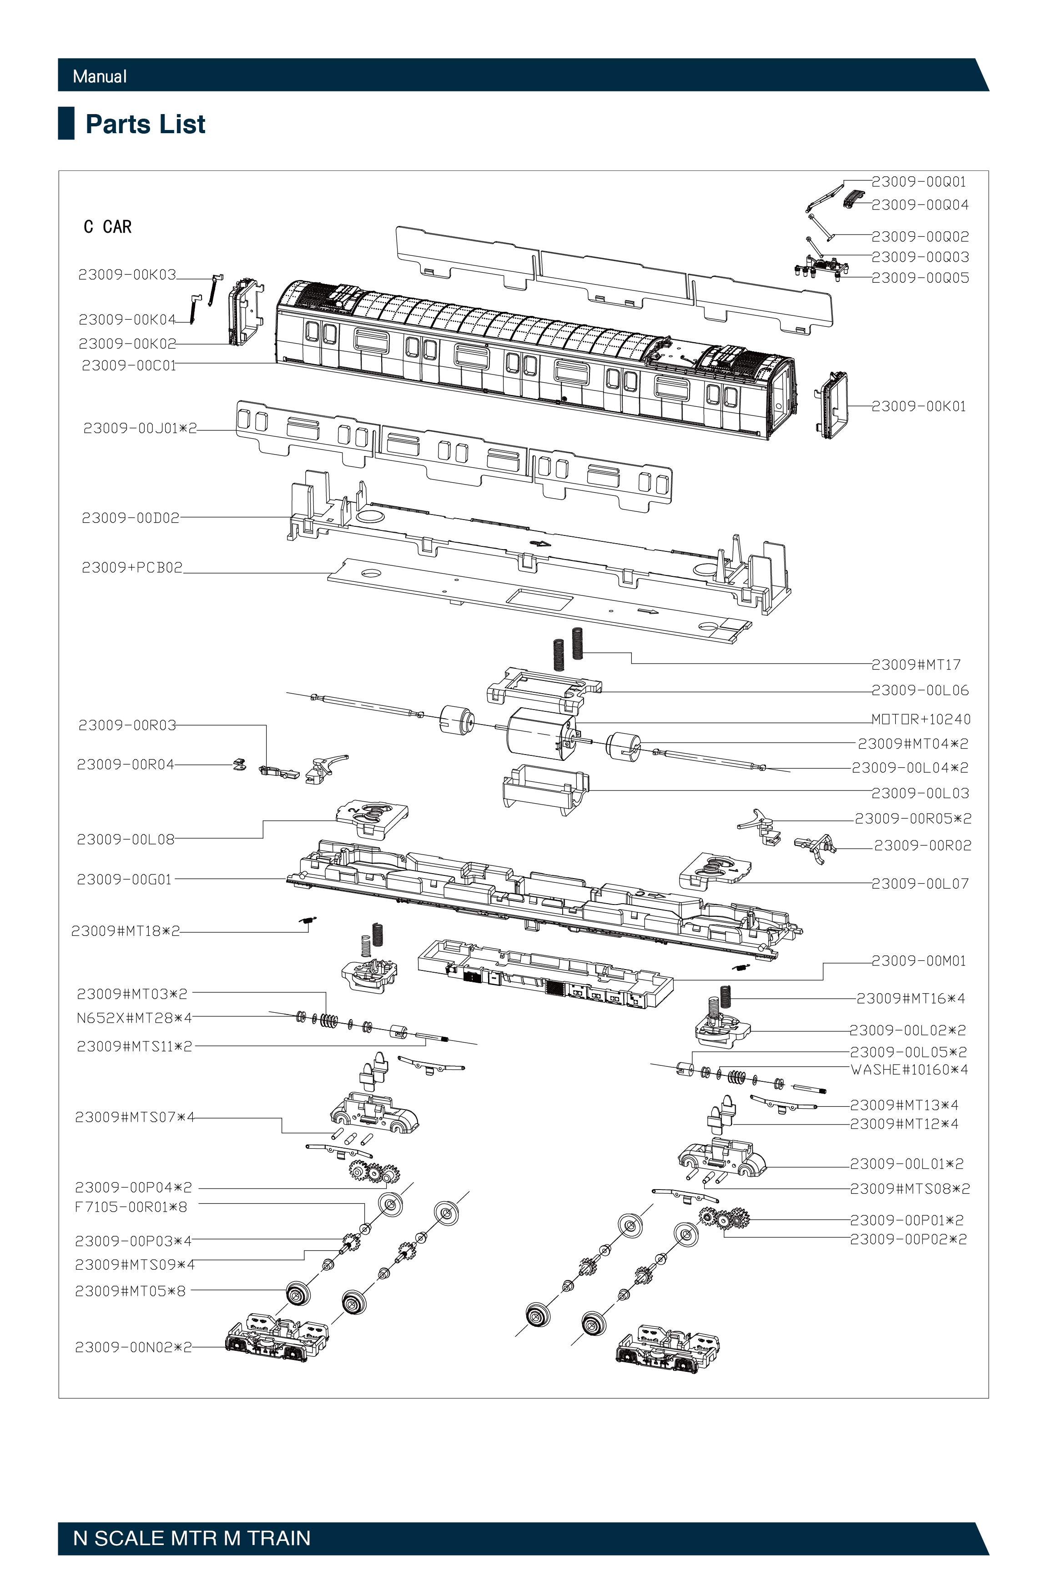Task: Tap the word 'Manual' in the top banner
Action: (99, 76)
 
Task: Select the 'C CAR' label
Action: (107, 227)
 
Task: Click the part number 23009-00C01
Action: (129, 365)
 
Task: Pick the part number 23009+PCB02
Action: (132, 568)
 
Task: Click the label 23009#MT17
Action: (916, 665)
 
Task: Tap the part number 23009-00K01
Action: (919, 406)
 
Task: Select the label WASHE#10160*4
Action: (909, 1070)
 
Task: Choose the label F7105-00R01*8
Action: (131, 1207)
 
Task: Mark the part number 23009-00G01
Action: (125, 879)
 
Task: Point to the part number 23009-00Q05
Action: (920, 277)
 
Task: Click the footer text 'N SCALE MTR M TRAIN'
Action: (192, 1538)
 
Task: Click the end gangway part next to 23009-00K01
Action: (831, 405)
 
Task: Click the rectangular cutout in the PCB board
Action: (539, 599)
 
